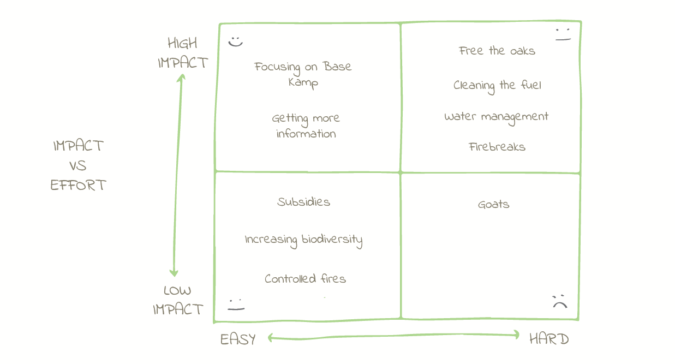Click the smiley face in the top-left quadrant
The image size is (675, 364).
click(x=235, y=41)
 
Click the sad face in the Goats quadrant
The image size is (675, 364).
click(x=560, y=301)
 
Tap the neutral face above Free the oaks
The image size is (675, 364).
click(x=563, y=35)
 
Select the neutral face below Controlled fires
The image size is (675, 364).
click(x=236, y=305)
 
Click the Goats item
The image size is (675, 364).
click(x=493, y=205)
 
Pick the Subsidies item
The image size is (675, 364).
click(x=303, y=202)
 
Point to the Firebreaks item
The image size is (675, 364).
click(x=497, y=147)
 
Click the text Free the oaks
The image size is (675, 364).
click(x=497, y=51)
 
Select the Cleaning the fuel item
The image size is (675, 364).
click(x=497, y=86)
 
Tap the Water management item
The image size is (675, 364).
click(x=496, y=117)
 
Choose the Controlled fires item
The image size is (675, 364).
click(x=305, y=279)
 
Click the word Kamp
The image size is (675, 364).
click(x=303, y=83)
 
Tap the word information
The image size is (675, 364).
click(x=306, y=134)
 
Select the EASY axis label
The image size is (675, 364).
click(x=238, y=339)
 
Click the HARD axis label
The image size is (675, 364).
click(x=549, y=339)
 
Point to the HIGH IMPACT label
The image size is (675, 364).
click(x=183, y=53)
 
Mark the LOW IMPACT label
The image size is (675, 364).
click(x=178, y=300)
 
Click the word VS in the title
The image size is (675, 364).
click(x=78, y=166)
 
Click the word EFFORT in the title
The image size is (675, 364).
click(x=78, y=186)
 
